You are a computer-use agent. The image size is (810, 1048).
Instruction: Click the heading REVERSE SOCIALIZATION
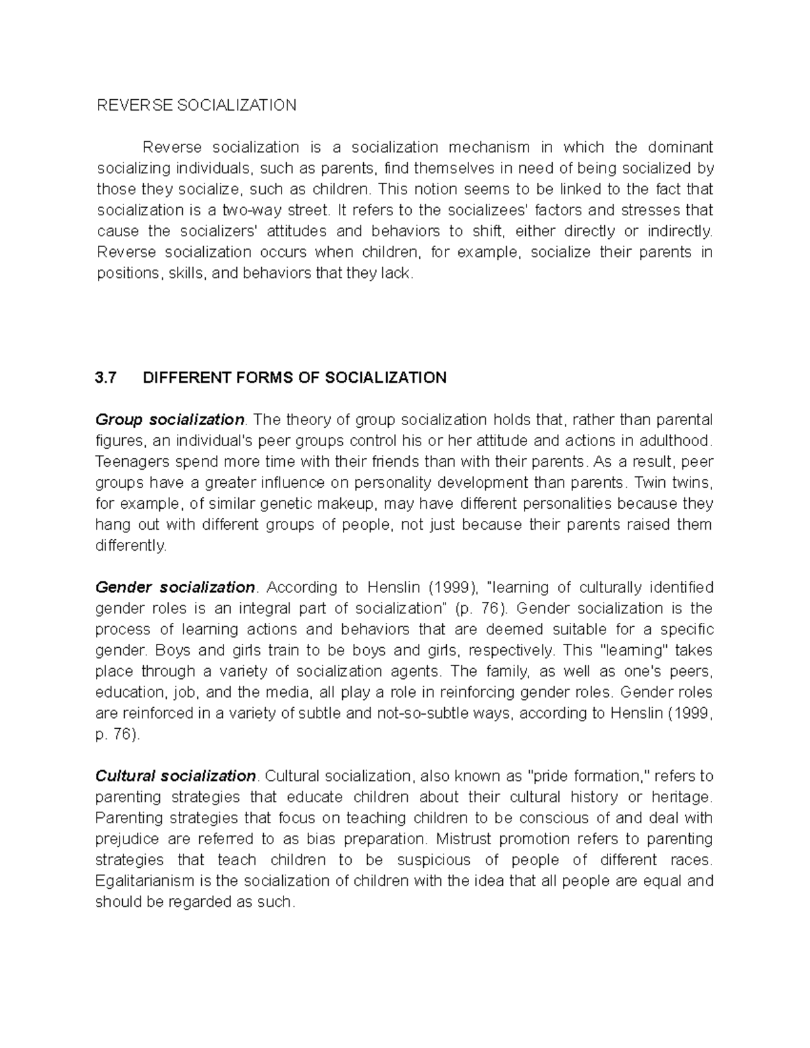196,105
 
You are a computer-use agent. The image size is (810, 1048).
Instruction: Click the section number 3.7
107,377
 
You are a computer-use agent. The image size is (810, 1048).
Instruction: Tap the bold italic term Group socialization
169,420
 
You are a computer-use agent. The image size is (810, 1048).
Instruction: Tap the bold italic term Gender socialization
175,587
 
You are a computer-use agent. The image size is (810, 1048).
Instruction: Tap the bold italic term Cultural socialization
175,775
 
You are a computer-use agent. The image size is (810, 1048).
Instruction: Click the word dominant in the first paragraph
680,147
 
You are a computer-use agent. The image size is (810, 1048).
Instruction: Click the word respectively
512,651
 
